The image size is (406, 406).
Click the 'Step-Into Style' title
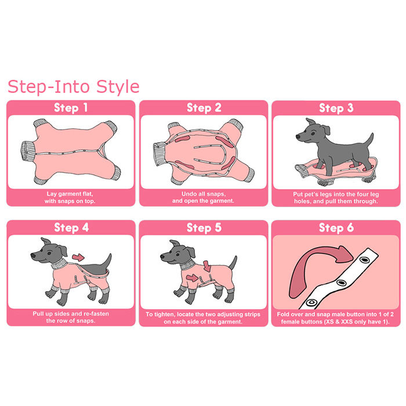tap(74, 87)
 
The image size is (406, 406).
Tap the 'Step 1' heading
tap(71, 108)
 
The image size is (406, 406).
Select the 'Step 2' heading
tap(204, 108)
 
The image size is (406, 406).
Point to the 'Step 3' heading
tap(336, 108)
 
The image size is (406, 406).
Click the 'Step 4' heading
tap(71, 227)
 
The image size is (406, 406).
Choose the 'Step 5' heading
tap(204, 228)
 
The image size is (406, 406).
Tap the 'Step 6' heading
tap(336, 228)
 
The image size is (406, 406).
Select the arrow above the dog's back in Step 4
tap(78, 258)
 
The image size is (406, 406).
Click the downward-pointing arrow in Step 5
tap(207, 266)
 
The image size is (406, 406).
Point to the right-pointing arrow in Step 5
tap(192, 278)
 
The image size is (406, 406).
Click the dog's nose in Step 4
tap(33, 255)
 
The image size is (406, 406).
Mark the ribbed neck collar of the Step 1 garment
tap(28, 151)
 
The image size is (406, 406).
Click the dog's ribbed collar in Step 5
tap(188, 264)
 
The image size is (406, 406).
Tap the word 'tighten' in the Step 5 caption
tap(164, 314)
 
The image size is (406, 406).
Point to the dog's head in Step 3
tap(312, 132)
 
